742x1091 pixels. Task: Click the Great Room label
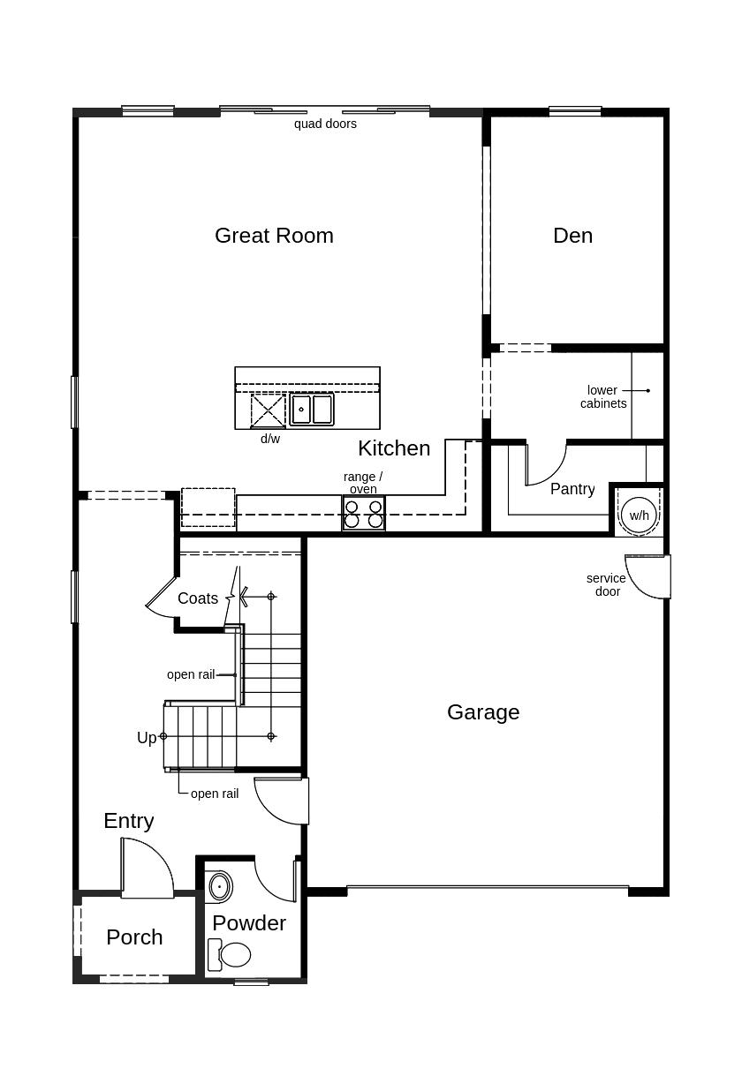click(274, 236)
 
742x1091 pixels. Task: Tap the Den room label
click(572, 236)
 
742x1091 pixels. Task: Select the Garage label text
click(483, 712)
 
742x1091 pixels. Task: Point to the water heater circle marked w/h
click(639, 515)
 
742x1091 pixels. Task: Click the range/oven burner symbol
click(363, 514)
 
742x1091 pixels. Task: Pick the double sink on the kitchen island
click(312, 410)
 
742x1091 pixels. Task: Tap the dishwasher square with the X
click(269, 411)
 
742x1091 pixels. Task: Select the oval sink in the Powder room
click(219, 885)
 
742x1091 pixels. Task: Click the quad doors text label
click(325, 124)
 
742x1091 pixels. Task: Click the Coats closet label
click(198, 598)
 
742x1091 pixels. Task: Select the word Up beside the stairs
click(147, 738)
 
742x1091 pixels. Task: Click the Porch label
click(134, 937)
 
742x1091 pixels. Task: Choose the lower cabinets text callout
click(603, 397)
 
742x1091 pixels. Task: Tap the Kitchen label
click(394, 448)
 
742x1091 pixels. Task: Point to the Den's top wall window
click(575, 111)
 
